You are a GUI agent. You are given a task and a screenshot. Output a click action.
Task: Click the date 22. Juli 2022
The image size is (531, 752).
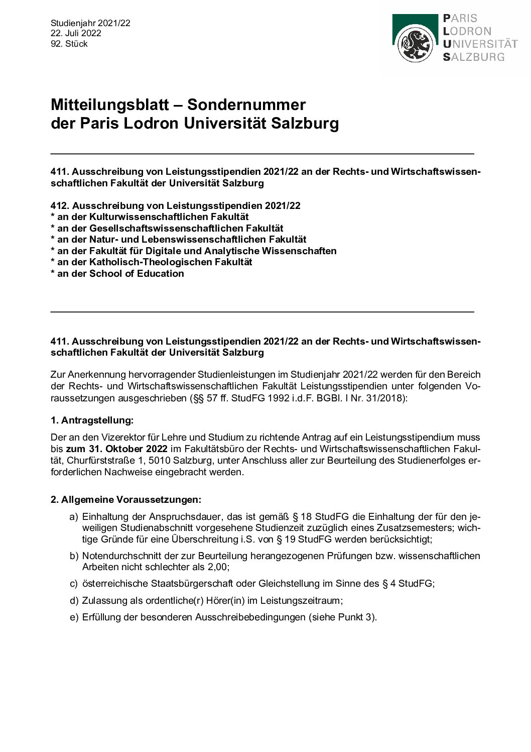[x=76, y=33]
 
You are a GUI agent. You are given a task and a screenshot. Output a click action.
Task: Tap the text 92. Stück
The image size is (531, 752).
[x=69, y=44]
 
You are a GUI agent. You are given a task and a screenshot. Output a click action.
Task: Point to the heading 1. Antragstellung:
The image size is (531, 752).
[x=92, y=420]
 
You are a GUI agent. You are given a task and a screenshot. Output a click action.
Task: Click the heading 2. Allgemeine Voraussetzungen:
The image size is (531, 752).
[x=126, y=500]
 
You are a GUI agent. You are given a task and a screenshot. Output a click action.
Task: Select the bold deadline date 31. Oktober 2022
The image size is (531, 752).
[x=116, y=449]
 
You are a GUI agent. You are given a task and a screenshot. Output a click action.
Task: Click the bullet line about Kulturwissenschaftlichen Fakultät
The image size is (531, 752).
[x=150, y=217]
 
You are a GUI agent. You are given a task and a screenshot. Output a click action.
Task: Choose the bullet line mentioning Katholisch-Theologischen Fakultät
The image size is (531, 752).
[x=152, y=262]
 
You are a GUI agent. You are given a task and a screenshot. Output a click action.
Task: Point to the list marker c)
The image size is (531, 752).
[x=74, y=584]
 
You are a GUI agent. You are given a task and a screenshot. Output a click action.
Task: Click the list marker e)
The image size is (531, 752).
[x=74, y=617]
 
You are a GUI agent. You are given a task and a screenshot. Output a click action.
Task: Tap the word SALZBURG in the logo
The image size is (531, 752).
[x=474, y=57]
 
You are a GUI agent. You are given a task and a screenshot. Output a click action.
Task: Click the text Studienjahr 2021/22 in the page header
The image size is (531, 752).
[x=90, y=23]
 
